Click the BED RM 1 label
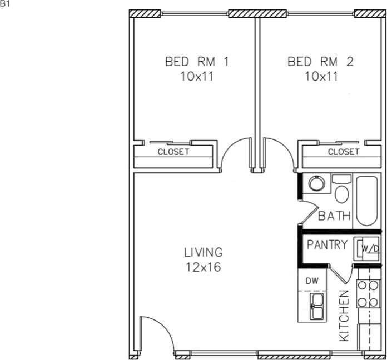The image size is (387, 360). tap(197, 61)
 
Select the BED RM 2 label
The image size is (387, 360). tap(320, 61)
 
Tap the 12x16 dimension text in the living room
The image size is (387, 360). tap(203, 267)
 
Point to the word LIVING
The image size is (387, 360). tap(203, 253)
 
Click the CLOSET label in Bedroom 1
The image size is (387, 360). tap(173, 152)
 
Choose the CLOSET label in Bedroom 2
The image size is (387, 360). tap(343, 152)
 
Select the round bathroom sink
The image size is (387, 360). tap(316, 183)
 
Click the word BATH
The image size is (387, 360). tap(334, 216)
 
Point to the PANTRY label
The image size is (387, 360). tap(328, 245)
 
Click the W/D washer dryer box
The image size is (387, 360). tap(369, 248)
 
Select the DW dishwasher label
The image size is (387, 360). tap(312, 281)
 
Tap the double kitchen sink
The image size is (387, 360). tap(316, 306)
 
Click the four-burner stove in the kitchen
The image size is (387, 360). tap(368, 294)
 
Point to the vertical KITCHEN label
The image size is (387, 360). tap(344, 316)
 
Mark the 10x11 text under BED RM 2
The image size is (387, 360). tap(321, 77)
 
